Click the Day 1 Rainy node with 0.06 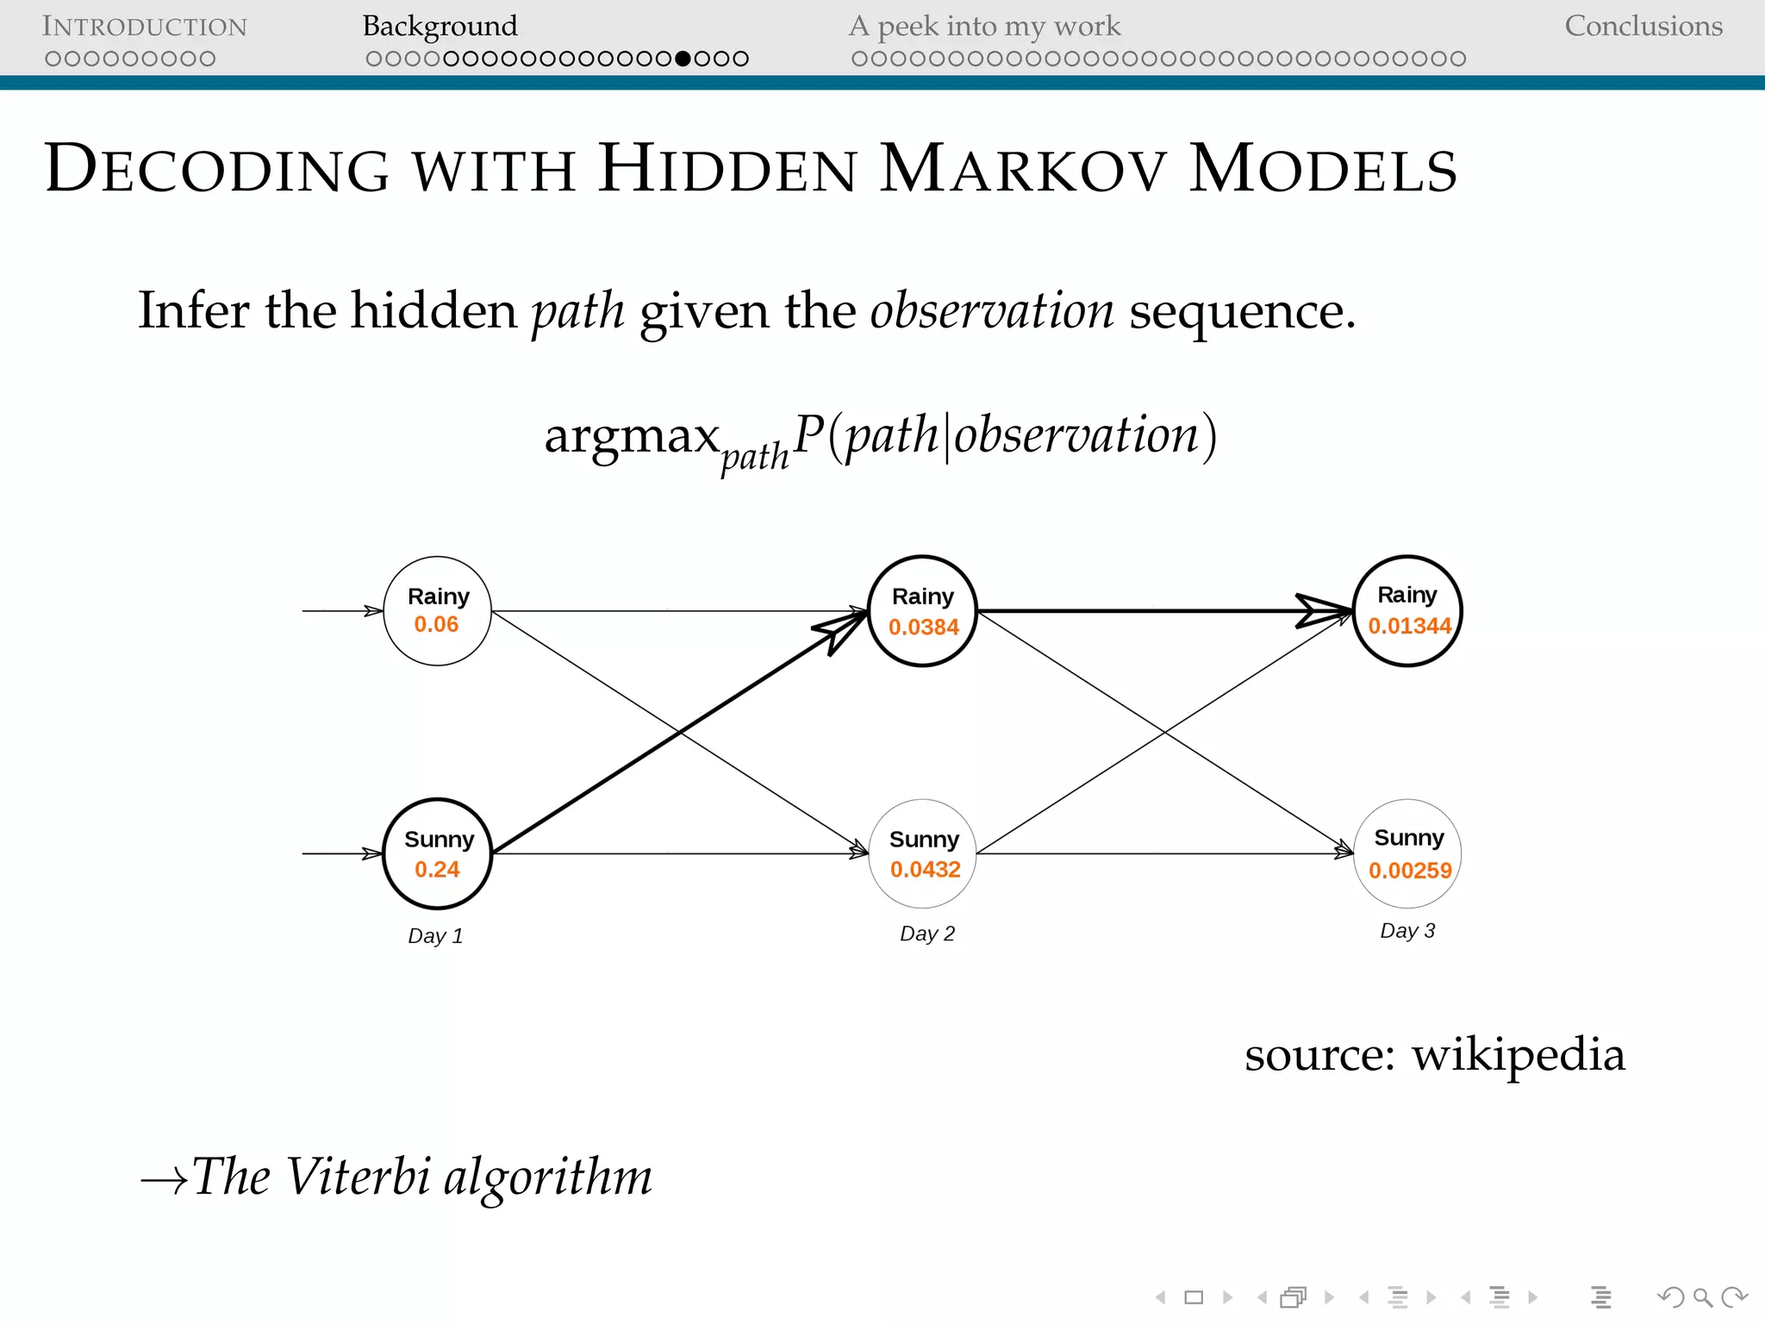tap(437, 610)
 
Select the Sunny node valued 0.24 tap(437, 853)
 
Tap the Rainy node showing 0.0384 tap(922, 610)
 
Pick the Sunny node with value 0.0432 tap(923, 853)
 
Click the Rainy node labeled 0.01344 tap(1407, 610)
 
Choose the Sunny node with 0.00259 tap(1407, 853)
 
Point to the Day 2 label tap(926, 934)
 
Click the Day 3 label tap(1406, 931)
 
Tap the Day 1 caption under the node tap(435, 936)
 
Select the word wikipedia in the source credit tap(1518, 1054)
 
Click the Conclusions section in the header tap(1643, 26)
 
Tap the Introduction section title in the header tap(145, 27)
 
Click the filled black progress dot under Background tap(683, 59)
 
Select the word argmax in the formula tap(632, 435)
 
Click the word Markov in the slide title tap(1023, 168)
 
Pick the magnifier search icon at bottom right tap(1702, 1297)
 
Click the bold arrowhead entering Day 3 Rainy tap(1323, 610)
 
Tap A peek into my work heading tap(984, 26)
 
